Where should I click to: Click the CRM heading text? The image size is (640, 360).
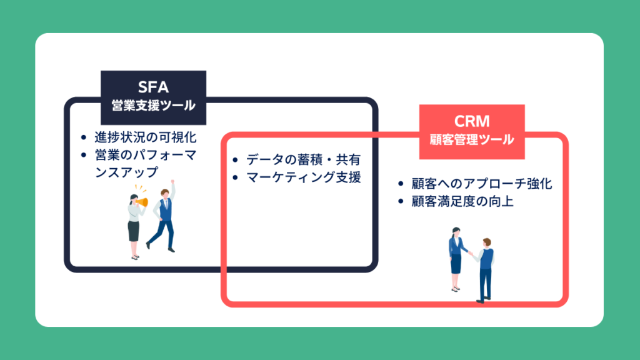(x=472, y=121)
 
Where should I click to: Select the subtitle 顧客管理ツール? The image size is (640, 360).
(x=472, y=139)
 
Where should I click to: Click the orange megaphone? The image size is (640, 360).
(x=143, y=203)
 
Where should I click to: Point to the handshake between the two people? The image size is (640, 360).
(x=469, y=253)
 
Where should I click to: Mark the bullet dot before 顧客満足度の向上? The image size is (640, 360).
(x=401, y=202)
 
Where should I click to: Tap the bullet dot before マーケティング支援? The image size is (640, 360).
(x=234, y=178)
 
